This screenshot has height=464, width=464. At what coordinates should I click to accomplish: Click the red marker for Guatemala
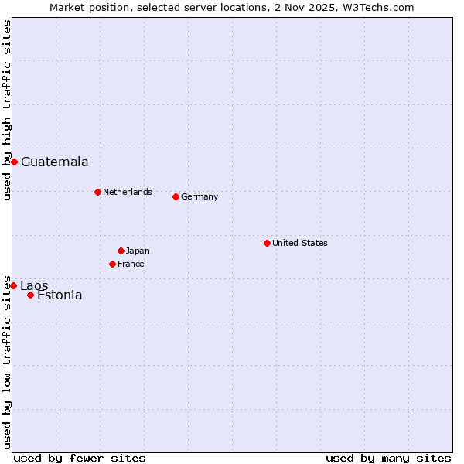tap(14, 162)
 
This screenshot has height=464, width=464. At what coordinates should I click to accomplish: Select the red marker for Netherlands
tap(97, 192)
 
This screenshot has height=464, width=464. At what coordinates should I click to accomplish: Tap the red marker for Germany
tap(176, 196)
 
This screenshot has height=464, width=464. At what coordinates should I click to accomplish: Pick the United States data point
tap(267, 243)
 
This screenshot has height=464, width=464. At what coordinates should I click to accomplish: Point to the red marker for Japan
tap(121, 251)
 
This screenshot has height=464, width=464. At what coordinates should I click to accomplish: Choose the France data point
tap(112, 264)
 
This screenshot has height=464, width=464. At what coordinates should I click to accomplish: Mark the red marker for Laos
tap(13, 285)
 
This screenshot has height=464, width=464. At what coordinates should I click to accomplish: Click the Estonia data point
tap(30, 295)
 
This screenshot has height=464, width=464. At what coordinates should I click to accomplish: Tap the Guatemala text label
tap(54, 162)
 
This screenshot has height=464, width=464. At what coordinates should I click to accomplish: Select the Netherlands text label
tap(128, 192)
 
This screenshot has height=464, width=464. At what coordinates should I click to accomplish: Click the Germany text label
tap(200, 196)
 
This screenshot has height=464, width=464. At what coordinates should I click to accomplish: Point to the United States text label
tap(300, 243)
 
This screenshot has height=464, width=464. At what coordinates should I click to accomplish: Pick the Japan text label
tap(138, 251)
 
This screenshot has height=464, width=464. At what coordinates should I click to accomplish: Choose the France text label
tap(131, 264)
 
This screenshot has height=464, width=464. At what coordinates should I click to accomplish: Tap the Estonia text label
tap(60, 295)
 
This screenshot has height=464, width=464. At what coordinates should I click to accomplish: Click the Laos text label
tap(34, 286)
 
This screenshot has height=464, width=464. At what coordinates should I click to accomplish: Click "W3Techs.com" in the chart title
tap(381, 7)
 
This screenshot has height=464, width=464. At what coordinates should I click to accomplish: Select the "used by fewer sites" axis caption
tap(80, 458)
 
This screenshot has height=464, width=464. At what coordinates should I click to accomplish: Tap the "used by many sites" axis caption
tap(388, 458)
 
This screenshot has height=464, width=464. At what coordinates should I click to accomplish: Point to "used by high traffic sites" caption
tap(7, 110)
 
